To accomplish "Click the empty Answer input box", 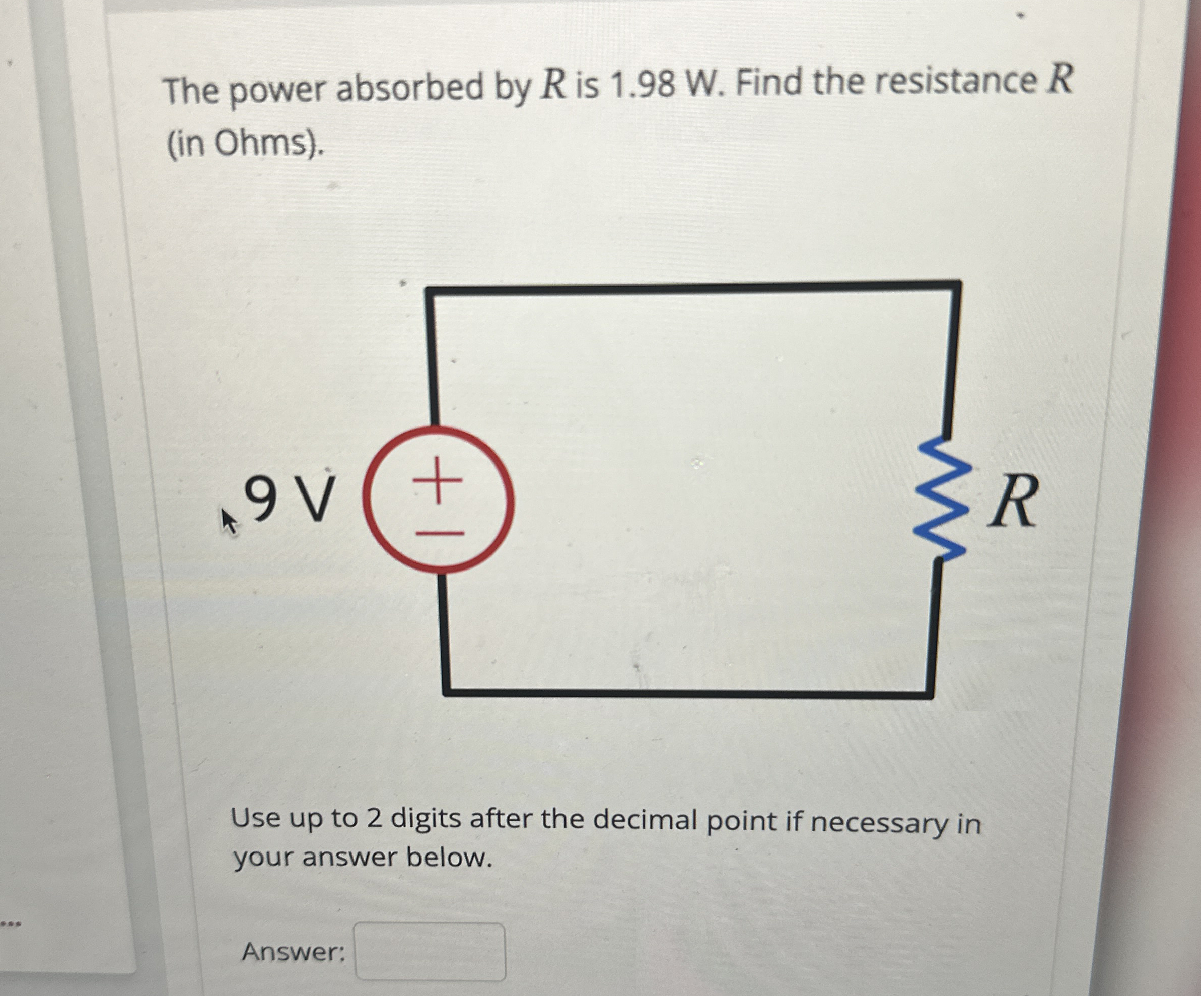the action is click(x=430, y=952).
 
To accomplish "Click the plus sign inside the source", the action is click(x=438, y=480).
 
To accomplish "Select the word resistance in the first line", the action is click(x=955, y=81).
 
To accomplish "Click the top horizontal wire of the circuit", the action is click(x=692, y=287).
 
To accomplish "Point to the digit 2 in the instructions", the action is click(x=375, y=819).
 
